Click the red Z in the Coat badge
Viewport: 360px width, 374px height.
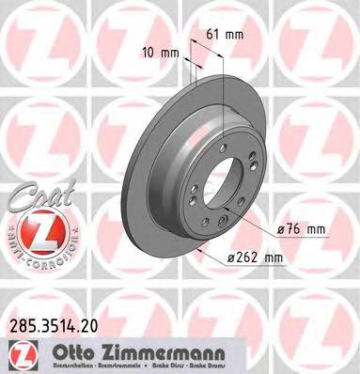coord(39,230)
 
